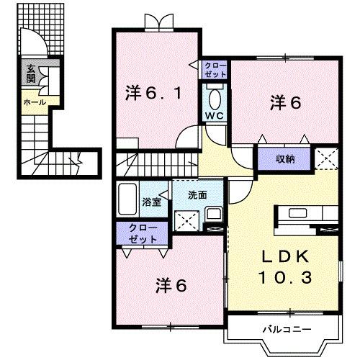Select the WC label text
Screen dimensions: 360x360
[x=214, y=115]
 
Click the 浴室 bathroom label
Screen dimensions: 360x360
[x=152, y=202]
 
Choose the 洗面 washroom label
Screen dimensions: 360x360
[x=198, y=194]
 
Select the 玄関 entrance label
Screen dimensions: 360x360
[x=31, y=74]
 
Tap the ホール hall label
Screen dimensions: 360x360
[x=35, y=102]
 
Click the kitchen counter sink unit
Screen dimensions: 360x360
[x=305, y=213]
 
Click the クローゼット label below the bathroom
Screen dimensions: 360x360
[x=143, y=232]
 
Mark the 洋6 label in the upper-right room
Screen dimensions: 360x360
[x=285, y=102]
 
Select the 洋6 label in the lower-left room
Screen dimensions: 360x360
[x=171, y=285]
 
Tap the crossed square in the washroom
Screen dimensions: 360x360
[x=187, y=219]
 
